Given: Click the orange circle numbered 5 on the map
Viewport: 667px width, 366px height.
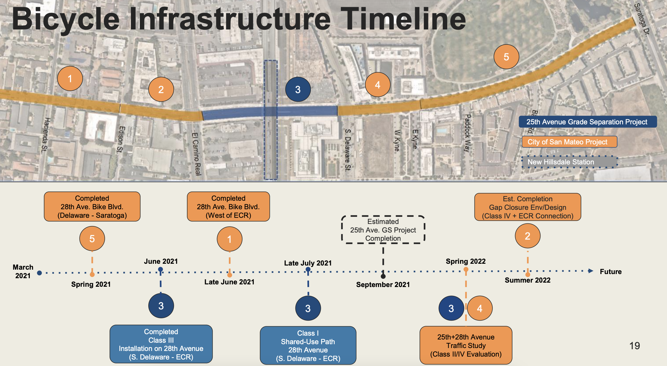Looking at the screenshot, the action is point(506,57).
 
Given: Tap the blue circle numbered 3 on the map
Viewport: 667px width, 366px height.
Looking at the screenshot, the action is point(298,89).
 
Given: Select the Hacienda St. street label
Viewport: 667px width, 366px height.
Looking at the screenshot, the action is point(45,135).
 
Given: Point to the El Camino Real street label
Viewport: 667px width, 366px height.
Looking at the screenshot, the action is point(196,154).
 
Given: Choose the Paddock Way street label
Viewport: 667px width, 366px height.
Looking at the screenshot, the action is point(467,133).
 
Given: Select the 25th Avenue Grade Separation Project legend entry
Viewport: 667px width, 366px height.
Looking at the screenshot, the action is point(587,122).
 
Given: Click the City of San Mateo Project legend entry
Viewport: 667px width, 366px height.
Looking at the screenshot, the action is point(569,142).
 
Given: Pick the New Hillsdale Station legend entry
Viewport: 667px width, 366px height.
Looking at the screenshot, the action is point(569,162).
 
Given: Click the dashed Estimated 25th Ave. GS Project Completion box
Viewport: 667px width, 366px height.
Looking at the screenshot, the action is point(383,230).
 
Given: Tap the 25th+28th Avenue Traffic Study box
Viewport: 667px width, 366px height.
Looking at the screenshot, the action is point(466,345).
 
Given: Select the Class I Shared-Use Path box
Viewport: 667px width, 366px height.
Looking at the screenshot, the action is point(308,345).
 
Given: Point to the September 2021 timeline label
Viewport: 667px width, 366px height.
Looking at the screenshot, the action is point(383,284).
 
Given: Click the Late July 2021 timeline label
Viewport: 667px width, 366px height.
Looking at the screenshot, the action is point(308,263).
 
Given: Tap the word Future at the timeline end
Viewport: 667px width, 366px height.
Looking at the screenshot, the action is point(610,271).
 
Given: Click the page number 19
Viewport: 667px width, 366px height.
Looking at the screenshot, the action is point(635,345).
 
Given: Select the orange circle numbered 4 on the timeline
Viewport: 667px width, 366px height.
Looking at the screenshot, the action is point(479,308).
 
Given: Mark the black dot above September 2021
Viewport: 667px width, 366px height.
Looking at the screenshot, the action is point(383,276).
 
